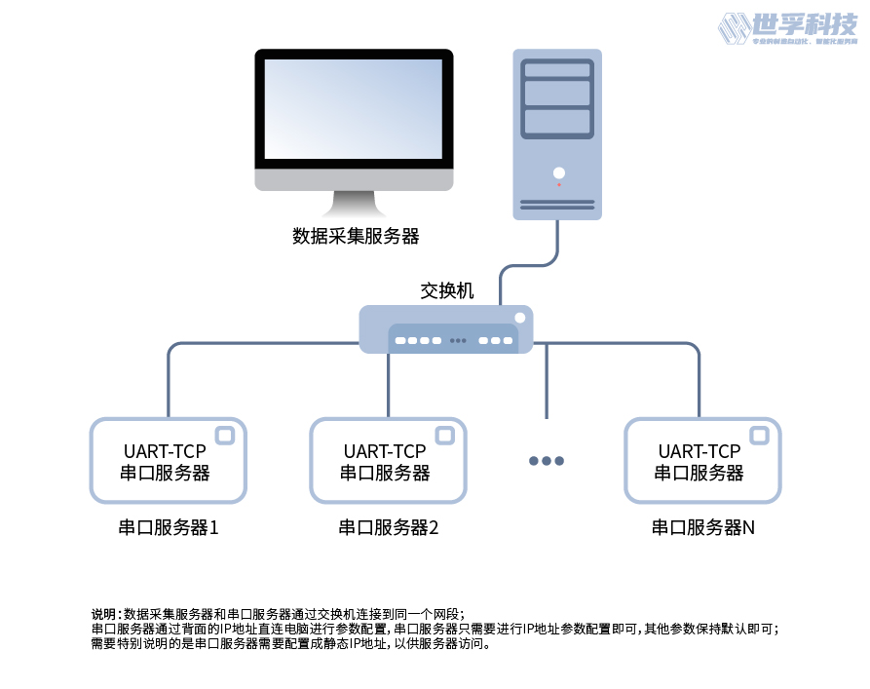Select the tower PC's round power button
558,172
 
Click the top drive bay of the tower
557,69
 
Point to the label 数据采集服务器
356,236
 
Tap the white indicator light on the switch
519,318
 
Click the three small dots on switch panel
458,341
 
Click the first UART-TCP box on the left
167,461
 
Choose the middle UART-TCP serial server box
386,461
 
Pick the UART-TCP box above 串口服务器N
700,461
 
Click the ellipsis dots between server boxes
546,461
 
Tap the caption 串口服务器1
168,528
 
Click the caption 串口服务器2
388,528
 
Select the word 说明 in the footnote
103,614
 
